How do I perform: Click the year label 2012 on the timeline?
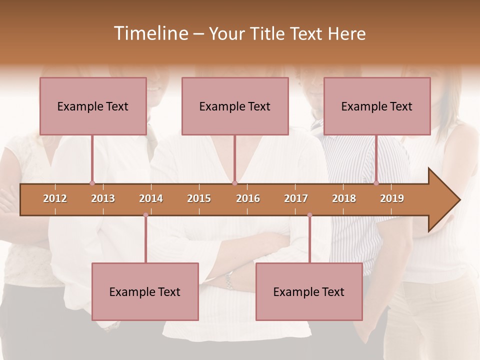click(x=55, y=198)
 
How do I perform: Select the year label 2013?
click(x=103, y=198)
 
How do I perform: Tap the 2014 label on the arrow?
click(x=151, y=198)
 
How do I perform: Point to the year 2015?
click(x=199, y=198)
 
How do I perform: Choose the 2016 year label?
click(x=248, y=198)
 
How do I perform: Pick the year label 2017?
click(x=296, y=198)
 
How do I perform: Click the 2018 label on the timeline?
click(x=344, y=198)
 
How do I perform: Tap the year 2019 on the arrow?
click(x=392, y=198)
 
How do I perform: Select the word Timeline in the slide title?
click(x=150, y=33)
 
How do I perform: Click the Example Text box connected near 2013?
click(x=93, y=106)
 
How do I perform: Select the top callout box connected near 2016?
click(x=235, y=106)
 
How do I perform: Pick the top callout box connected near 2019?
click(x=377, y=106)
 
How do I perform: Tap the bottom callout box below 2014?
click(x=145, y=292)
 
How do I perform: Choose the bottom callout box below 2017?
click(x=309, y=292)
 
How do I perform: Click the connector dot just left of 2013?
click(x=92, y=183)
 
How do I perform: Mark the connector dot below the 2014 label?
click(x=145, y=215)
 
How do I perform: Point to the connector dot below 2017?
click(x=309, y=215)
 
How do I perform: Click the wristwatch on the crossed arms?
click(x=229, y=281)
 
